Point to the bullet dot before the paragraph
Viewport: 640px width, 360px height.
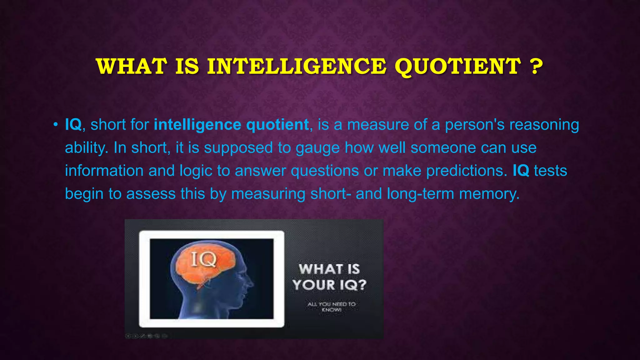[55, 125]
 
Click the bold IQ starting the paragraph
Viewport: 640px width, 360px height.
[73, 125]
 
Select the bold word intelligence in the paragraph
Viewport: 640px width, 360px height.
[197, 125]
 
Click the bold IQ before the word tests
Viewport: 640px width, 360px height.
[521, 171]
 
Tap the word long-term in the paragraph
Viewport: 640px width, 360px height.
[420, 194]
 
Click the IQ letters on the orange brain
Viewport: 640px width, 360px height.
[203, 259]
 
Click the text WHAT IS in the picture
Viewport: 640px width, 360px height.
[329, 269]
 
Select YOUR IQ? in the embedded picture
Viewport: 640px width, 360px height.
[329, 285]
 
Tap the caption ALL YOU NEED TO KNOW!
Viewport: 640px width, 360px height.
[331, 307]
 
